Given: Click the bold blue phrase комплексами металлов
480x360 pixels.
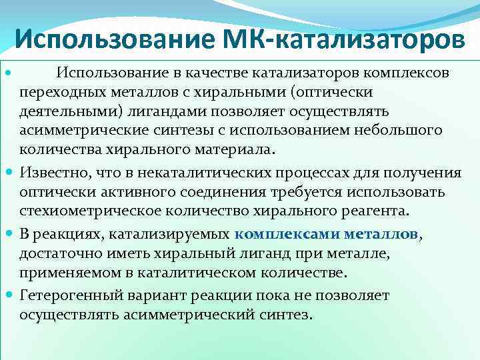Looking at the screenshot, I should tap(327, 235).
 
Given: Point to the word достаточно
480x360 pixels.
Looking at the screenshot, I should tap(61, 254).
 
